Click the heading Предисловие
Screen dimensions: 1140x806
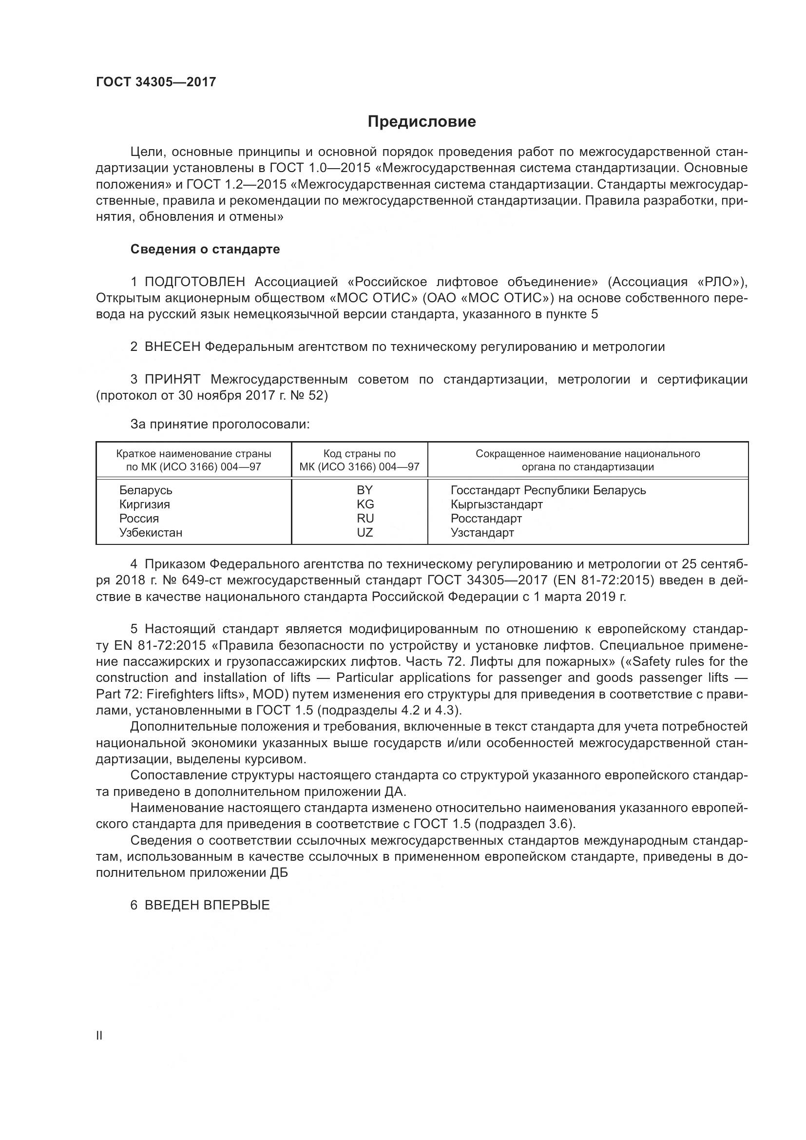[422, 122]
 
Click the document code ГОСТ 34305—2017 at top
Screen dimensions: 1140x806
[156, 82]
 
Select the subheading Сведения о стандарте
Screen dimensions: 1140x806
[205, 249]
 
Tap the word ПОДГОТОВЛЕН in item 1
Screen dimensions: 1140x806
[194, 282]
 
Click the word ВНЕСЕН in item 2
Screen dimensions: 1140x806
[172, 347]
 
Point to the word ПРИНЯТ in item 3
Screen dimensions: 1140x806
[172, 379]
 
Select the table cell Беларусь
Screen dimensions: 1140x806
[145, 490]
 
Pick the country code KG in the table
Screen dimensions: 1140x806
[365, 504]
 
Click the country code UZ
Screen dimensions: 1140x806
[365, 532]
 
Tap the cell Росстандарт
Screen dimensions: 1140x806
[486, 519]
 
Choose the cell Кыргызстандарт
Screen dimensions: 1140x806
[496, 504]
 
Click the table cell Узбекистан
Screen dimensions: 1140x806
[151, 532]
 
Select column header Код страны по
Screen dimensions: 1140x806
[359, 453]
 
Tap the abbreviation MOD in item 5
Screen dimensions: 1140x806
[269, 694]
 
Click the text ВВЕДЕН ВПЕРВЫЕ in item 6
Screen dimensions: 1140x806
[207, 905]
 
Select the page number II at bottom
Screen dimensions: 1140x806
[99, 1035]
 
